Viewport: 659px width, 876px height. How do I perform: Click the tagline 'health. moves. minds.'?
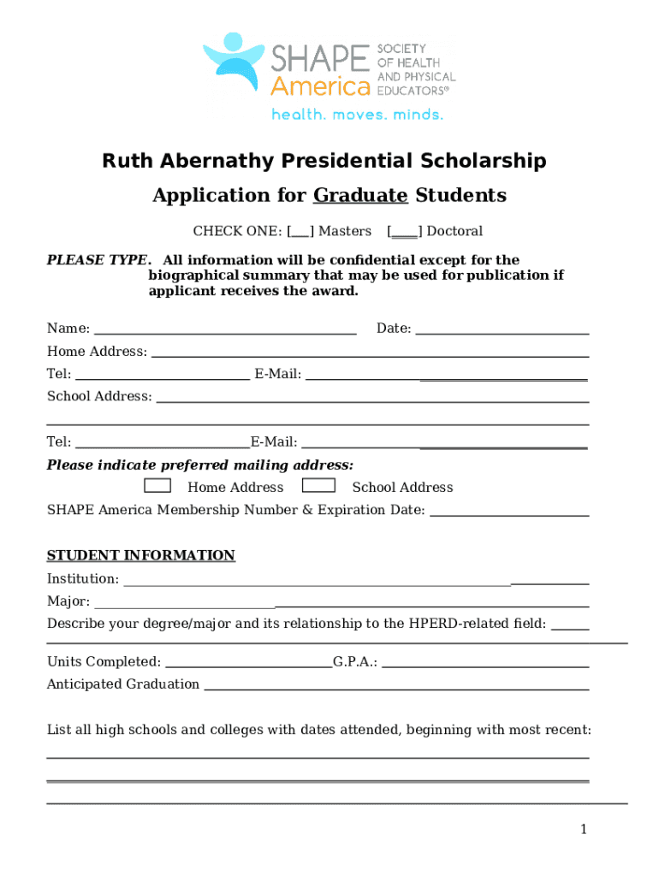tap(357, 114)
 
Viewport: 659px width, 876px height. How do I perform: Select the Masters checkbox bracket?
tap(300, 231)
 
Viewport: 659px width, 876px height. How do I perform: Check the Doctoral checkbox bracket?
tap(404, 231)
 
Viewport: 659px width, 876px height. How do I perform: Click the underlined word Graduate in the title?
tap(360, 196)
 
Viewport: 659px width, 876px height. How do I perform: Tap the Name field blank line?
tap(224, 330)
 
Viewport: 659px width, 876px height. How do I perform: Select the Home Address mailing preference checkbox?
tap(157, 486)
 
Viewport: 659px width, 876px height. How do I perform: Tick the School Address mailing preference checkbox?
tap(318, 486)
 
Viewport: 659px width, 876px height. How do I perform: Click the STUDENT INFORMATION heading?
tap(140, 556)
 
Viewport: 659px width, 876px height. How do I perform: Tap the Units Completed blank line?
tap(247, 663)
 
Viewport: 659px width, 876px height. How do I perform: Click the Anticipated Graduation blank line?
tap(396, 686)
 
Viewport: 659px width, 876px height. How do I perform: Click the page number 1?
tap(583, 829)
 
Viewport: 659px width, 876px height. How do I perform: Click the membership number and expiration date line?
tap(508, 512)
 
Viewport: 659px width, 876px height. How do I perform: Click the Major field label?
tap(68, 601)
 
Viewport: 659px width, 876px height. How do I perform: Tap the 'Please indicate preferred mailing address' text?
tap(199, 465)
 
